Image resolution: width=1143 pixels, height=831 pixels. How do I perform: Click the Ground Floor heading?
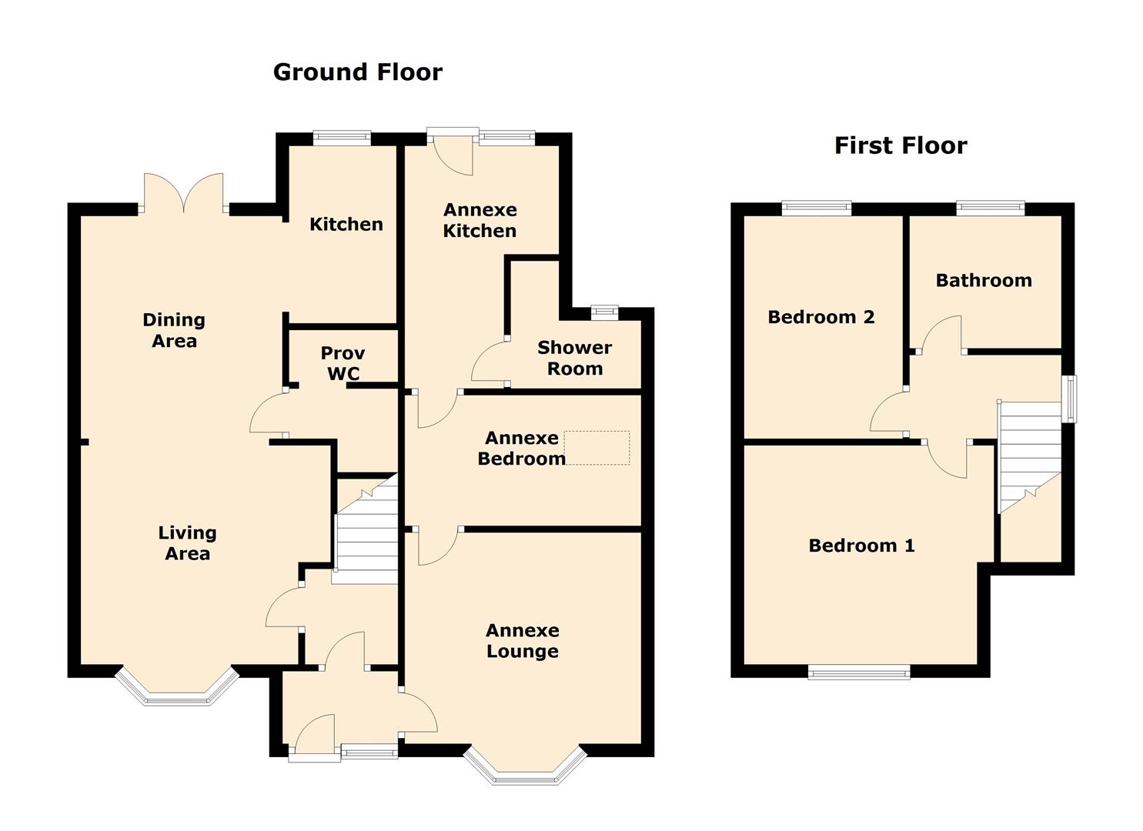pyautogui.click(x=358, y=72)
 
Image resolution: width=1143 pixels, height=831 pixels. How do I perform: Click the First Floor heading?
pyautogui.click(x=901, y=145)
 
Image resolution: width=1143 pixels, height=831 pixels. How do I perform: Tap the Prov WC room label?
pyautogui.click(x=343, y=363)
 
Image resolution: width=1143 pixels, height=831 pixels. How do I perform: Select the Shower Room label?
pyautogui.click(x=574, y=358)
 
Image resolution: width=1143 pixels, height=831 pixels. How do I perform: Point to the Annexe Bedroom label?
pyautogui.click(x=522, y=448)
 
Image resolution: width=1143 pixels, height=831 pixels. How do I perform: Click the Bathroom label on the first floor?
pyautogui.click(x=984, y=280)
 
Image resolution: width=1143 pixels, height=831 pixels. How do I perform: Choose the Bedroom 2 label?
pyautogui.click(x=821, y=317)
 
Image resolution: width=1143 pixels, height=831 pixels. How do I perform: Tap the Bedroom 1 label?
pyautogui.click(x=861, y=546)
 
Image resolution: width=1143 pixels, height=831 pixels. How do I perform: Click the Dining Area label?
pyautogui.click(x=174, y=330)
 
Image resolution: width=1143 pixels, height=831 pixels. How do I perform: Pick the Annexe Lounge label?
pyautogui.click(x=523, y=640)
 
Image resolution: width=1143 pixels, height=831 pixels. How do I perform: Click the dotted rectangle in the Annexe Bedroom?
pyautogui.click(x=597, y=447)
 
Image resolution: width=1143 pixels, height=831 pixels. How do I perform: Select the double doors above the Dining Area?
pyautogui.click(x=184, y=192)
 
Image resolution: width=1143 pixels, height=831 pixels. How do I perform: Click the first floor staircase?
pyautogui.click(x=1030, y=456)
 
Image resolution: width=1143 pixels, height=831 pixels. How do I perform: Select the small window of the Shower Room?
pyautogui.click(x=605, y=312)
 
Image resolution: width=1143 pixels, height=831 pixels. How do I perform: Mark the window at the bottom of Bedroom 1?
pyautogui.click(x=859, y=671)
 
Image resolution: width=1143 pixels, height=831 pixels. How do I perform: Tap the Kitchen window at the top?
pyautogui.click(x=342, y=138)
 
